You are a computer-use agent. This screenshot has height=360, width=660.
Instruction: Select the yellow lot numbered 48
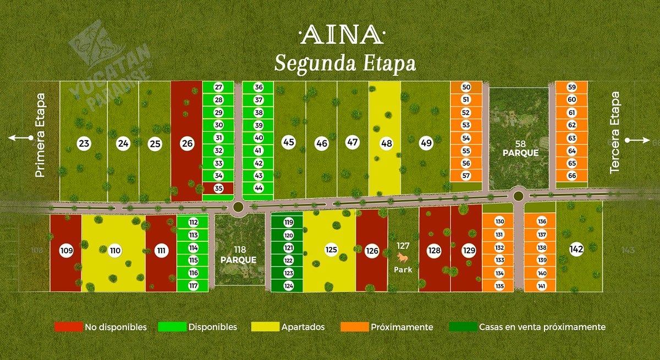pyautogui.click(x=387, y=143)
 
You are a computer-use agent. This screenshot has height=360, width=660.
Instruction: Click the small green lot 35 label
pyautogui.click(x=218, y=189)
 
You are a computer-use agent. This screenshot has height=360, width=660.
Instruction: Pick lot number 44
pyautogui.click(x=258, y=188)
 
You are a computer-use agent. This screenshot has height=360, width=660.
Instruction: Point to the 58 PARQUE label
pyautogui.click(x=520, y=149)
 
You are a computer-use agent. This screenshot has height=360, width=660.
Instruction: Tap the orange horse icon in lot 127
pyautogui.click(x=403, y=257)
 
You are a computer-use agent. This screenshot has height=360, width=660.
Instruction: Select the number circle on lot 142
pyautogui.click(x=576, y=250)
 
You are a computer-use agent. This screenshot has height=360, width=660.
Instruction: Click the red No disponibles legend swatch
pyautogui.click(x=68, y=327)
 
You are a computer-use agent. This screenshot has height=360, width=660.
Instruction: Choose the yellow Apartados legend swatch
pyautogui.click(x=265, y=327)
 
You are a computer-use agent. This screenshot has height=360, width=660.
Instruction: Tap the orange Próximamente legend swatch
pyautogui.click(x=354, y=327)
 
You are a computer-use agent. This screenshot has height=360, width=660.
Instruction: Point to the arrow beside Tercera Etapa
pyautogui.click(x=639, y=141)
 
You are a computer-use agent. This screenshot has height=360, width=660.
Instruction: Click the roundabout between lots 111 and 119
pyautogui.click(x=238, y=207)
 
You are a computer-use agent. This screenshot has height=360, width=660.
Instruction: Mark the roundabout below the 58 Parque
pyautogui.click(x=518, y=194)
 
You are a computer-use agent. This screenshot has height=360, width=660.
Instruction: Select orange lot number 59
pyautogui.click(x=571, y=87)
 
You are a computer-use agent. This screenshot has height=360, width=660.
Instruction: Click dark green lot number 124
pyautogui.click(x=288, y=286)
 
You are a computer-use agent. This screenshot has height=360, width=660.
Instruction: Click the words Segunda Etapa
pyautogui.click(x=345, y=64)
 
